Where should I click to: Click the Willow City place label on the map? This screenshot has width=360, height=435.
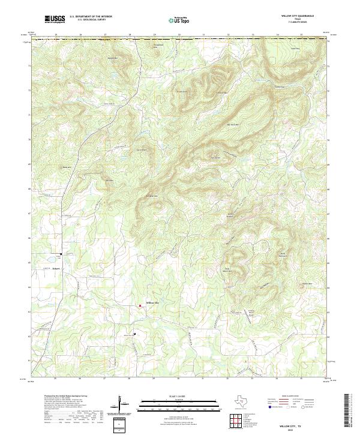[153, 302]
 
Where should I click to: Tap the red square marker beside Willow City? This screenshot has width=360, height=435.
[140, 305]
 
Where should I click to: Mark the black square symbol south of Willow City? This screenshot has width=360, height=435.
[134, 334]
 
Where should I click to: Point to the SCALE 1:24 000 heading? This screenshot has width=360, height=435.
[179, 397]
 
